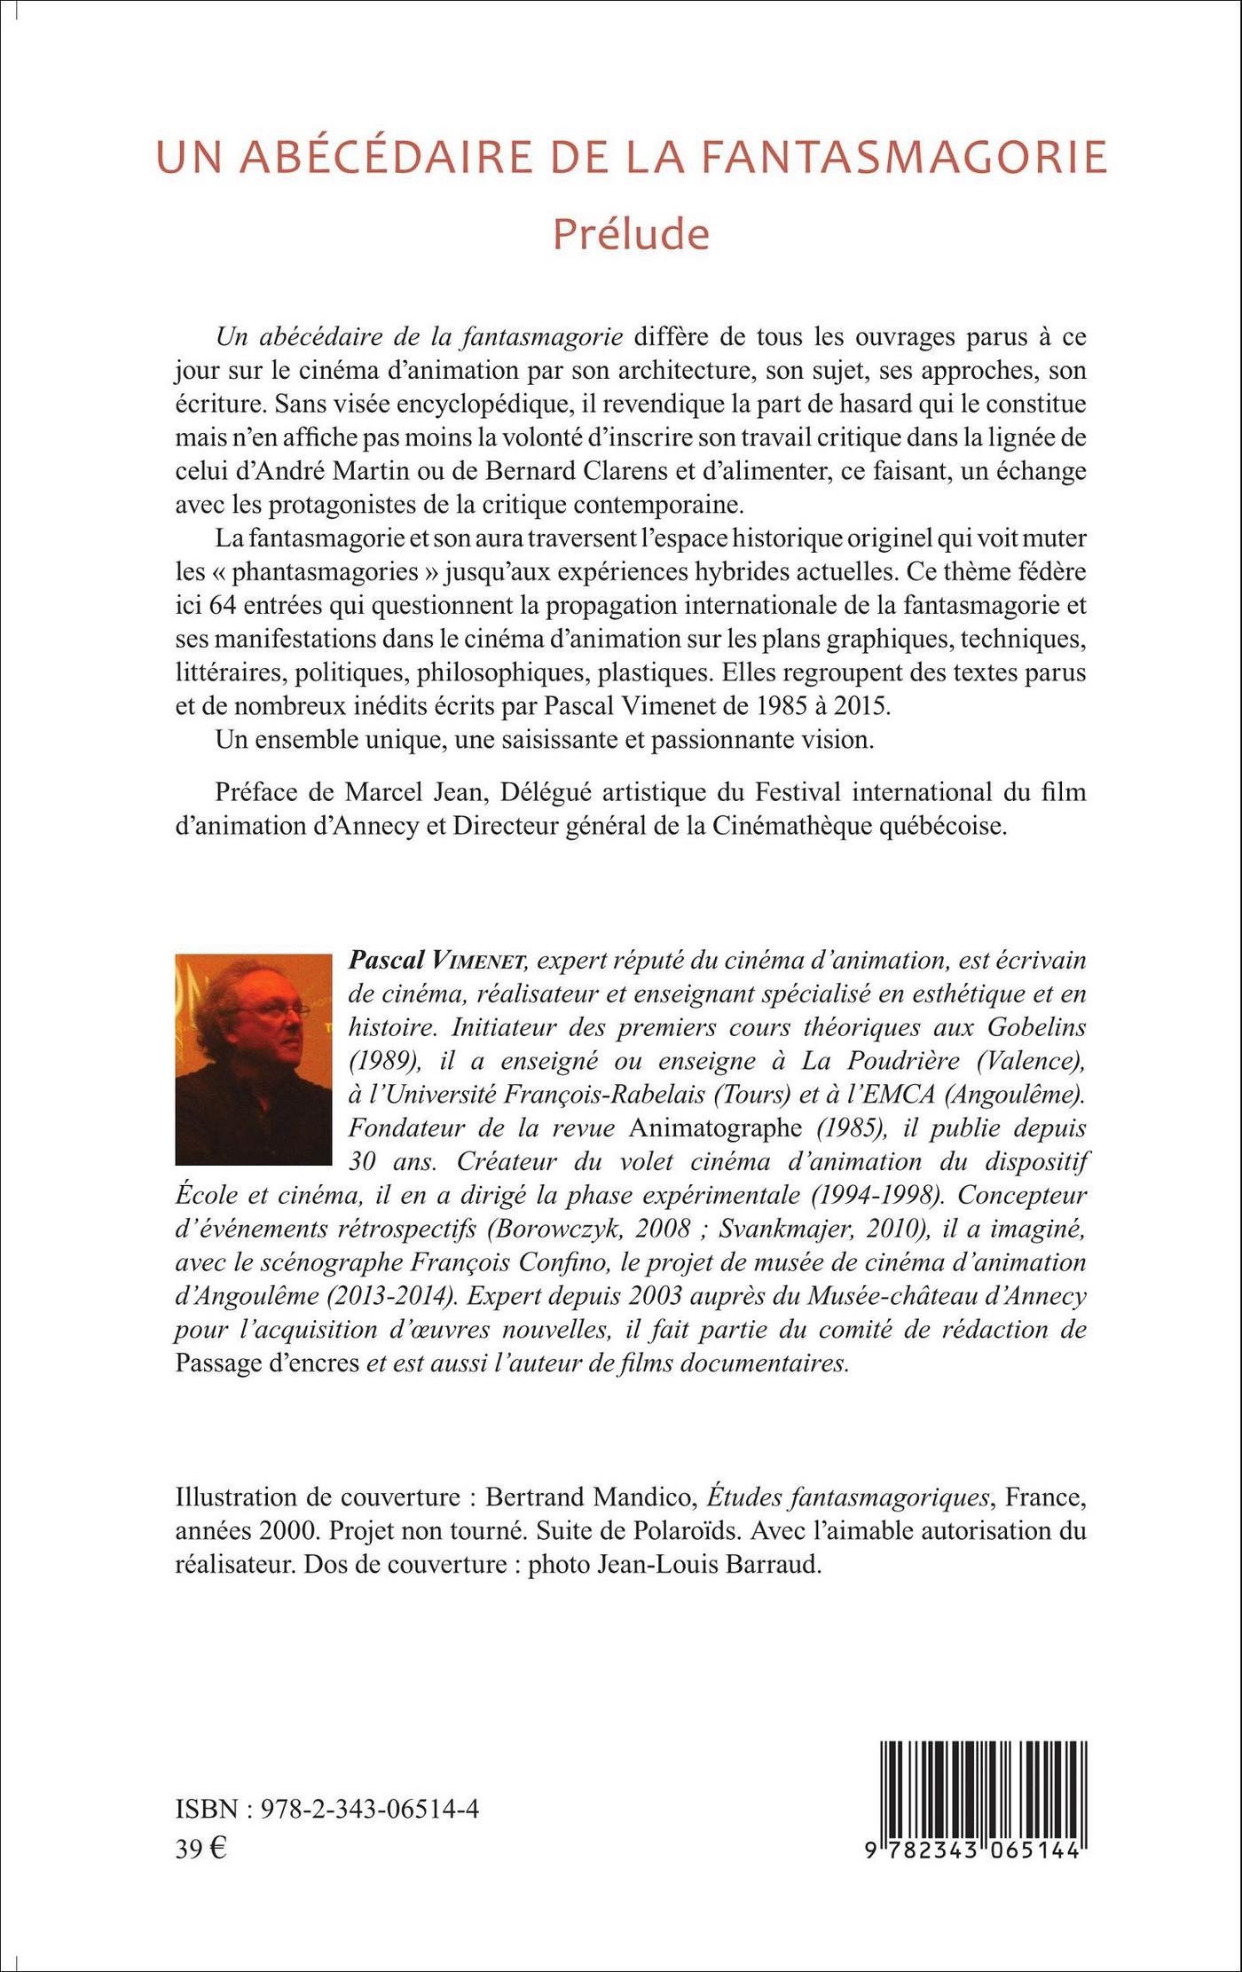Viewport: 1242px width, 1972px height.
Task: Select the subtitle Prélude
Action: click(x=631, y=234)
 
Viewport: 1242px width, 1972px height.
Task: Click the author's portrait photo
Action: click(x=254, y=1058)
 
